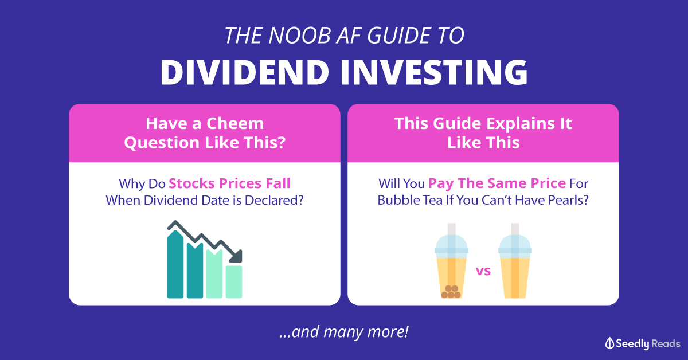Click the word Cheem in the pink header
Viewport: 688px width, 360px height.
pyautogui.click(x=235, y=123)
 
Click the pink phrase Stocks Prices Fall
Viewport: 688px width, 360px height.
pyautogui.click(x=229, y=183)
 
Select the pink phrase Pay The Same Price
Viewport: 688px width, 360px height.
pyautogui.click(x=497, y=183)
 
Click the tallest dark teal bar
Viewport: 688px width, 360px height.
pyautogui.click(x=175, y=264)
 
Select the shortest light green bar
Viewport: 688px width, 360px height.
pyautogui.click(x=234, y=282)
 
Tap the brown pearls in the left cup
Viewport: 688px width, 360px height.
pyautogui.click(x=451, y=292)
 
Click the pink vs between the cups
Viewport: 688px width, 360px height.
pyautogui.click(x=483, y=271)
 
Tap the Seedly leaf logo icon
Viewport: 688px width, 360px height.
pyautogui.click(x=609, y=343)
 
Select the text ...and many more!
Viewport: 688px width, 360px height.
pyautogui.click(x=344, y=332)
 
